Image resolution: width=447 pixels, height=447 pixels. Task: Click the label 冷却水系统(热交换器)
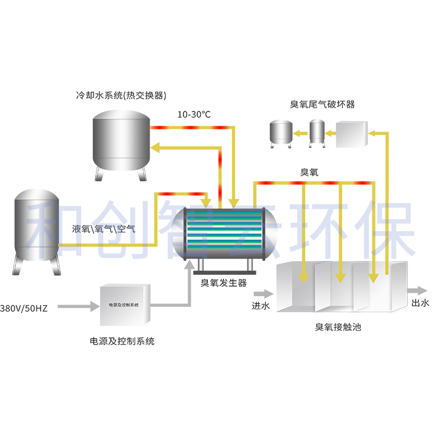click(x=120, y=95)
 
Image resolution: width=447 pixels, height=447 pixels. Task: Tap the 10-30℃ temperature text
click(x=194, y=114)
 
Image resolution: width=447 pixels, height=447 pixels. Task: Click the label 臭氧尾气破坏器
click(x=322, y=104)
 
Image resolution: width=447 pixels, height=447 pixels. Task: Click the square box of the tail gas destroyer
click(x=351, y=135)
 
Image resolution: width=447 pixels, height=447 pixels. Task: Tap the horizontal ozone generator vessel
click(x=223, y=233)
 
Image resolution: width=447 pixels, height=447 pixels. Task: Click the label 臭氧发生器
click(x=223, y=283)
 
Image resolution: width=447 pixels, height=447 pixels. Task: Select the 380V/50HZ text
click(x=24, y=308)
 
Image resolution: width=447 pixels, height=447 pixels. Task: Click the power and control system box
click(x=123, y=305)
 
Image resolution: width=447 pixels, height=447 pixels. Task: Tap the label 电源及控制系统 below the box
click(x=122, y=342)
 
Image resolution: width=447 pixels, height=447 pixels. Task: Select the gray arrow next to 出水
click(x=417, y=291)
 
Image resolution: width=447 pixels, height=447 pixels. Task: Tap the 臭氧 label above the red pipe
click(x=309, y=173)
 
